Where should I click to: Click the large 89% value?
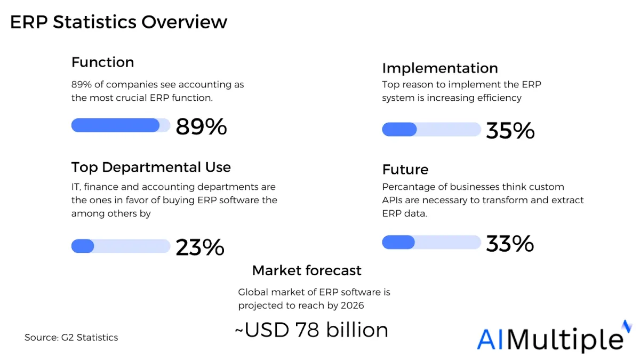tap(201, 126)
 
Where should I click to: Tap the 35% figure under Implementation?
tap(510, 131)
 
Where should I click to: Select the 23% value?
tap(200, 247)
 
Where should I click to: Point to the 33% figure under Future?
tap(510, 244)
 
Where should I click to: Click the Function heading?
tap(102, 62)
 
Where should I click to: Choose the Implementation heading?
tap(440, 68)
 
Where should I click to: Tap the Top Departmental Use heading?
tap(151, 167)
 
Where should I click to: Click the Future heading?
tap(405, 170)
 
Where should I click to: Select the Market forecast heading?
tap(307, 270)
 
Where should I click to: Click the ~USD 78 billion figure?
tap(311, 330)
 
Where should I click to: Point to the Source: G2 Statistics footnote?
tap(71, 338)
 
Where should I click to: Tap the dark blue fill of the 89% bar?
tap(115, 125)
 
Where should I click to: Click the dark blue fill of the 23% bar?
tap(83, 246)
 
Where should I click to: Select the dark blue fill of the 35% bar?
tap(399, 129)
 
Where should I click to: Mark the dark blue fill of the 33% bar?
tap(398, 242)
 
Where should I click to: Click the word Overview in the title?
tap(185, 22)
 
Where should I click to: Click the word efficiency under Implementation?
tap(499, 98)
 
